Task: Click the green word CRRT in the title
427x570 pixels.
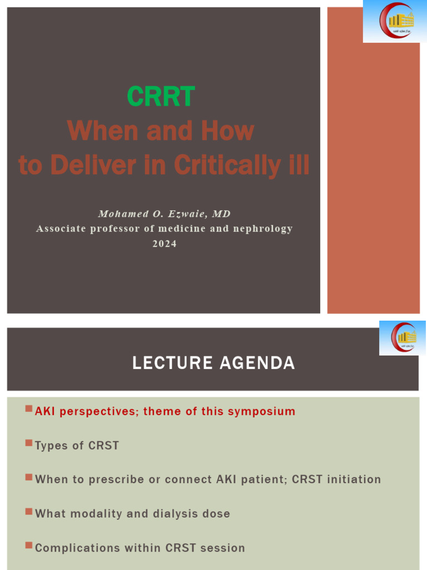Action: click(161, 97)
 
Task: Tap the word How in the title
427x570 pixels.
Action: click(228, 131)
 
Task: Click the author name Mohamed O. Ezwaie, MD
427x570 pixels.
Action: click(164, 214)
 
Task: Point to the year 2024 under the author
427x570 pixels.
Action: click(164, 243)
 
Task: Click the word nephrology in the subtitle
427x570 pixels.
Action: click(263, 229)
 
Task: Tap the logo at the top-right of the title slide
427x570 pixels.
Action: click(395, 22)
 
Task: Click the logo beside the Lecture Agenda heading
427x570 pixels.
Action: click(402, 338)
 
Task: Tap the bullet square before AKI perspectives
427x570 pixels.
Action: click(29, 410)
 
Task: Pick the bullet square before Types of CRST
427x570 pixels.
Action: click(29, 444)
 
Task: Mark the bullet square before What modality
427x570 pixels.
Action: click(29, 512)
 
